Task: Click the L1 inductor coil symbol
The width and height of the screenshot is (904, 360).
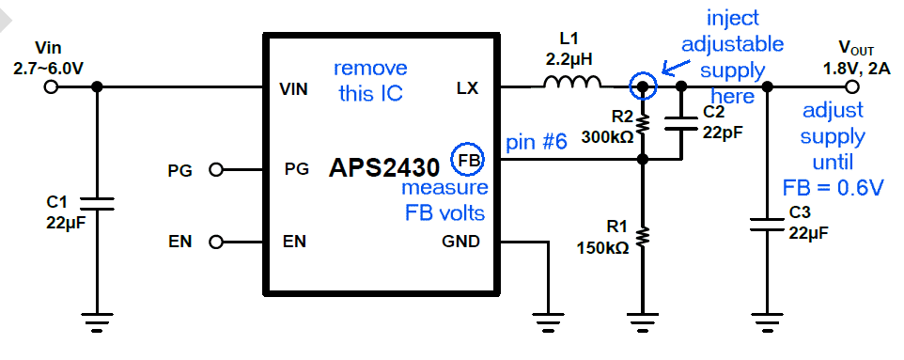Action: point(572,82)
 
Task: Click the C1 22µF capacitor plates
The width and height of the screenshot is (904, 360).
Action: point(97,203)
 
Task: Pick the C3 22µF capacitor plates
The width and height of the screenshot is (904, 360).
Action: point(767,225)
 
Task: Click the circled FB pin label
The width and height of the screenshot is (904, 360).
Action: point(468,161)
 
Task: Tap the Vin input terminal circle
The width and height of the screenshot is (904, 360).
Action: point(51,87)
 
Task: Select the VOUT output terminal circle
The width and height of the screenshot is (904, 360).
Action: point(852,87)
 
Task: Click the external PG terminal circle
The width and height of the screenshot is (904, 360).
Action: point(216,170)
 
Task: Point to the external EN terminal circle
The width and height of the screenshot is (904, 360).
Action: point(216,243)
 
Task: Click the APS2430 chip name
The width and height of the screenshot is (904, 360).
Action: point(384,168)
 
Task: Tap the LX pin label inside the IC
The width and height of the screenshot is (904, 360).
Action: point(467,89)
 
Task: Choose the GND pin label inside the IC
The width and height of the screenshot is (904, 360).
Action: point(460,242)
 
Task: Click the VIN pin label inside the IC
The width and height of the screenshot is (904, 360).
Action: point(293,89)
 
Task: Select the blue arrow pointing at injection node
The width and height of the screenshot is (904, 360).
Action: point(677,65)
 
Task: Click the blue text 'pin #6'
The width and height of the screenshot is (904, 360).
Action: point(537,143)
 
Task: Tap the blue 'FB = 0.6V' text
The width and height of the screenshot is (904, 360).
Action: point(833,187)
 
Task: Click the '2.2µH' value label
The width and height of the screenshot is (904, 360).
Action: point(569,59)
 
